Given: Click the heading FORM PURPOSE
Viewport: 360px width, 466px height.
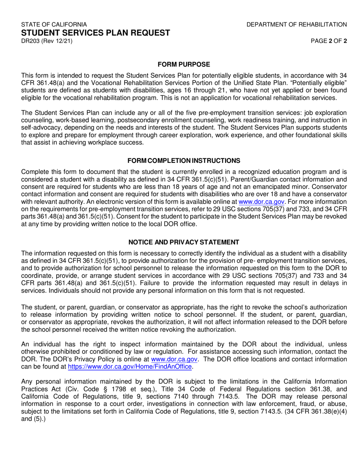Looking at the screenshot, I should tap(184, 65).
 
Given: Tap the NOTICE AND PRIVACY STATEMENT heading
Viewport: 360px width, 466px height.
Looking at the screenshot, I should tap(184, 242).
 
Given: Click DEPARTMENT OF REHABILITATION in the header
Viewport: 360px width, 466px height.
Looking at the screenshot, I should tap(296, 25).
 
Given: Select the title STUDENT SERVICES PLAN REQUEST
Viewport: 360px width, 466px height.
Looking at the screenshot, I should tap(95, 33).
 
